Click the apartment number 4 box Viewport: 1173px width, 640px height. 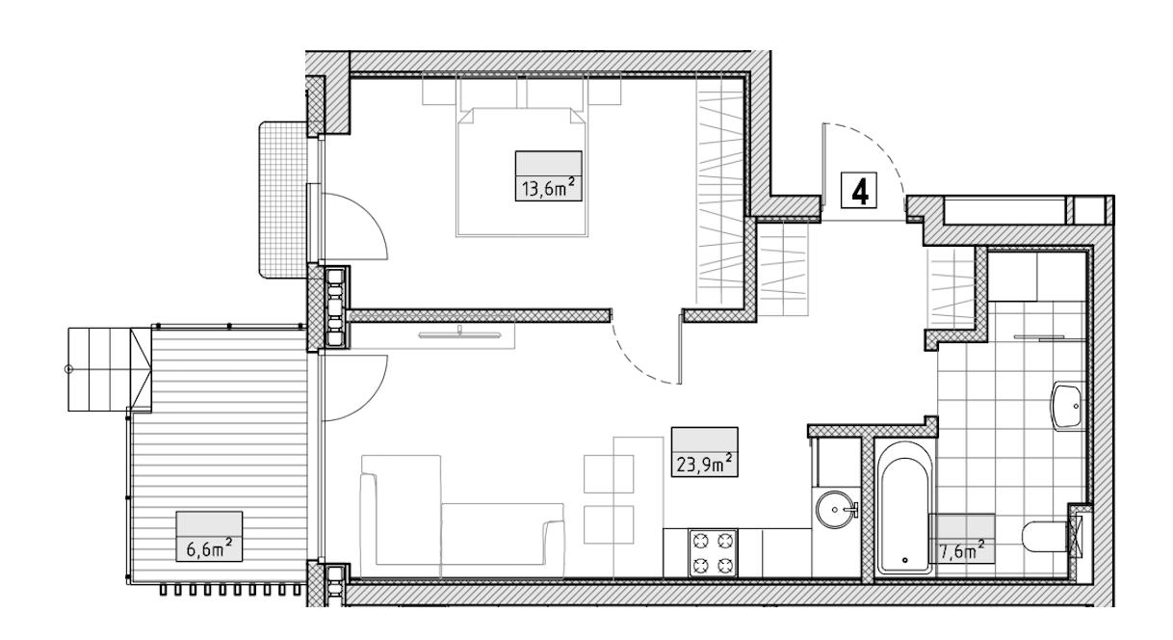pos(859,191)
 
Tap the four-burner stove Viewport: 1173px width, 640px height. pos(713,553)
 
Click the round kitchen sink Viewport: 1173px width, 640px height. pos(837,509)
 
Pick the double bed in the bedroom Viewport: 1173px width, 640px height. pos(522,173)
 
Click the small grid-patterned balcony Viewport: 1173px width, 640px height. pos(283,200)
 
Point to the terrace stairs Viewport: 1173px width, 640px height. pos(110,369)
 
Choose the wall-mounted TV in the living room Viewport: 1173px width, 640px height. pos(459,333)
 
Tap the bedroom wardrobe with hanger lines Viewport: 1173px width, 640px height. pos(719,191)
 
